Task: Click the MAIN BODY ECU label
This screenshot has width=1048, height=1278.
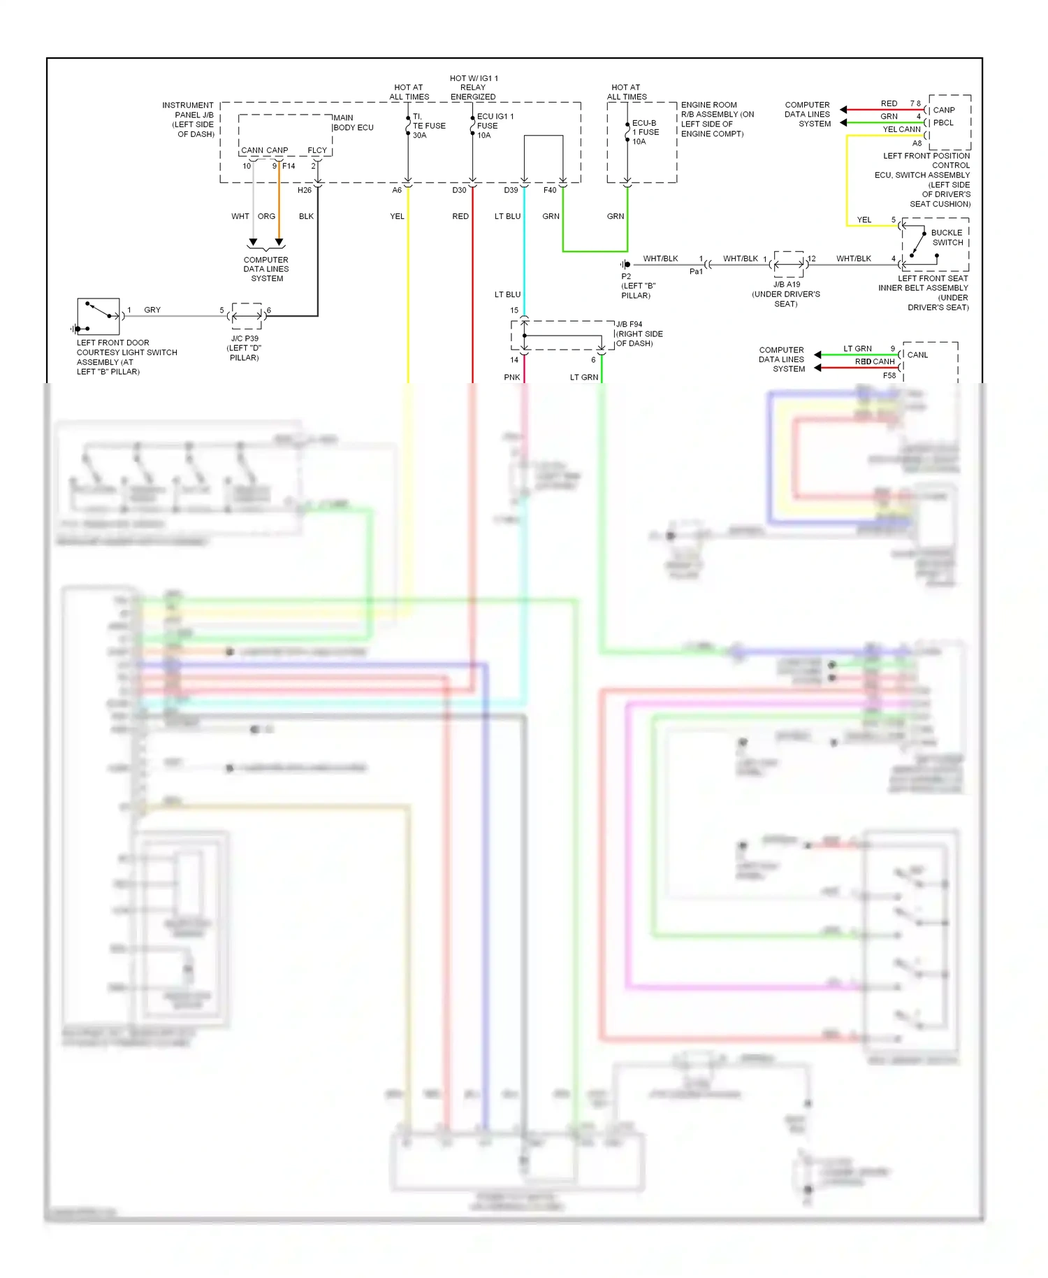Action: coord(354,122)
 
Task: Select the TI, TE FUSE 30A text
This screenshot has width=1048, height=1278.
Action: coord(428,126)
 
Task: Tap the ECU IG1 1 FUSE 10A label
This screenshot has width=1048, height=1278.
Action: coord(495,126)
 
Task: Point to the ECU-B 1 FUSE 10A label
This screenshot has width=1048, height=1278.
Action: coord(645,132)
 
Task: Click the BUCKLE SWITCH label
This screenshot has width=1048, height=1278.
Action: coord(947,238)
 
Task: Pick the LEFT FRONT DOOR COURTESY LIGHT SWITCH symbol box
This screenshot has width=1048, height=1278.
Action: coord(99,317)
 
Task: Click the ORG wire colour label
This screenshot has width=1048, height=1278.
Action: coord(266,217)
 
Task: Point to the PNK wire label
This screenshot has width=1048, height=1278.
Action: coord(511,378)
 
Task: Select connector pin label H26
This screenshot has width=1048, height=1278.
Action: coord(305,190)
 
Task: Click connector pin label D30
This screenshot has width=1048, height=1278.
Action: coord(459,190)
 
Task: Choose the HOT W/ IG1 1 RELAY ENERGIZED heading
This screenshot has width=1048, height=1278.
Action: coord(473,87)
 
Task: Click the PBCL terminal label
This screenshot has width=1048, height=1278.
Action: coord(943,123)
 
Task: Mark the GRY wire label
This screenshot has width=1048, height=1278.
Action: coord(152,310)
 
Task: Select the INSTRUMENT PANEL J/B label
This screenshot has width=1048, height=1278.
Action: coord(189,120)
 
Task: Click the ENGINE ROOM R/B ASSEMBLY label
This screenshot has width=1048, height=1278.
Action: coord(717,119)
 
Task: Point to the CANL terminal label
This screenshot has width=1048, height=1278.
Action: coord(917,355)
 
